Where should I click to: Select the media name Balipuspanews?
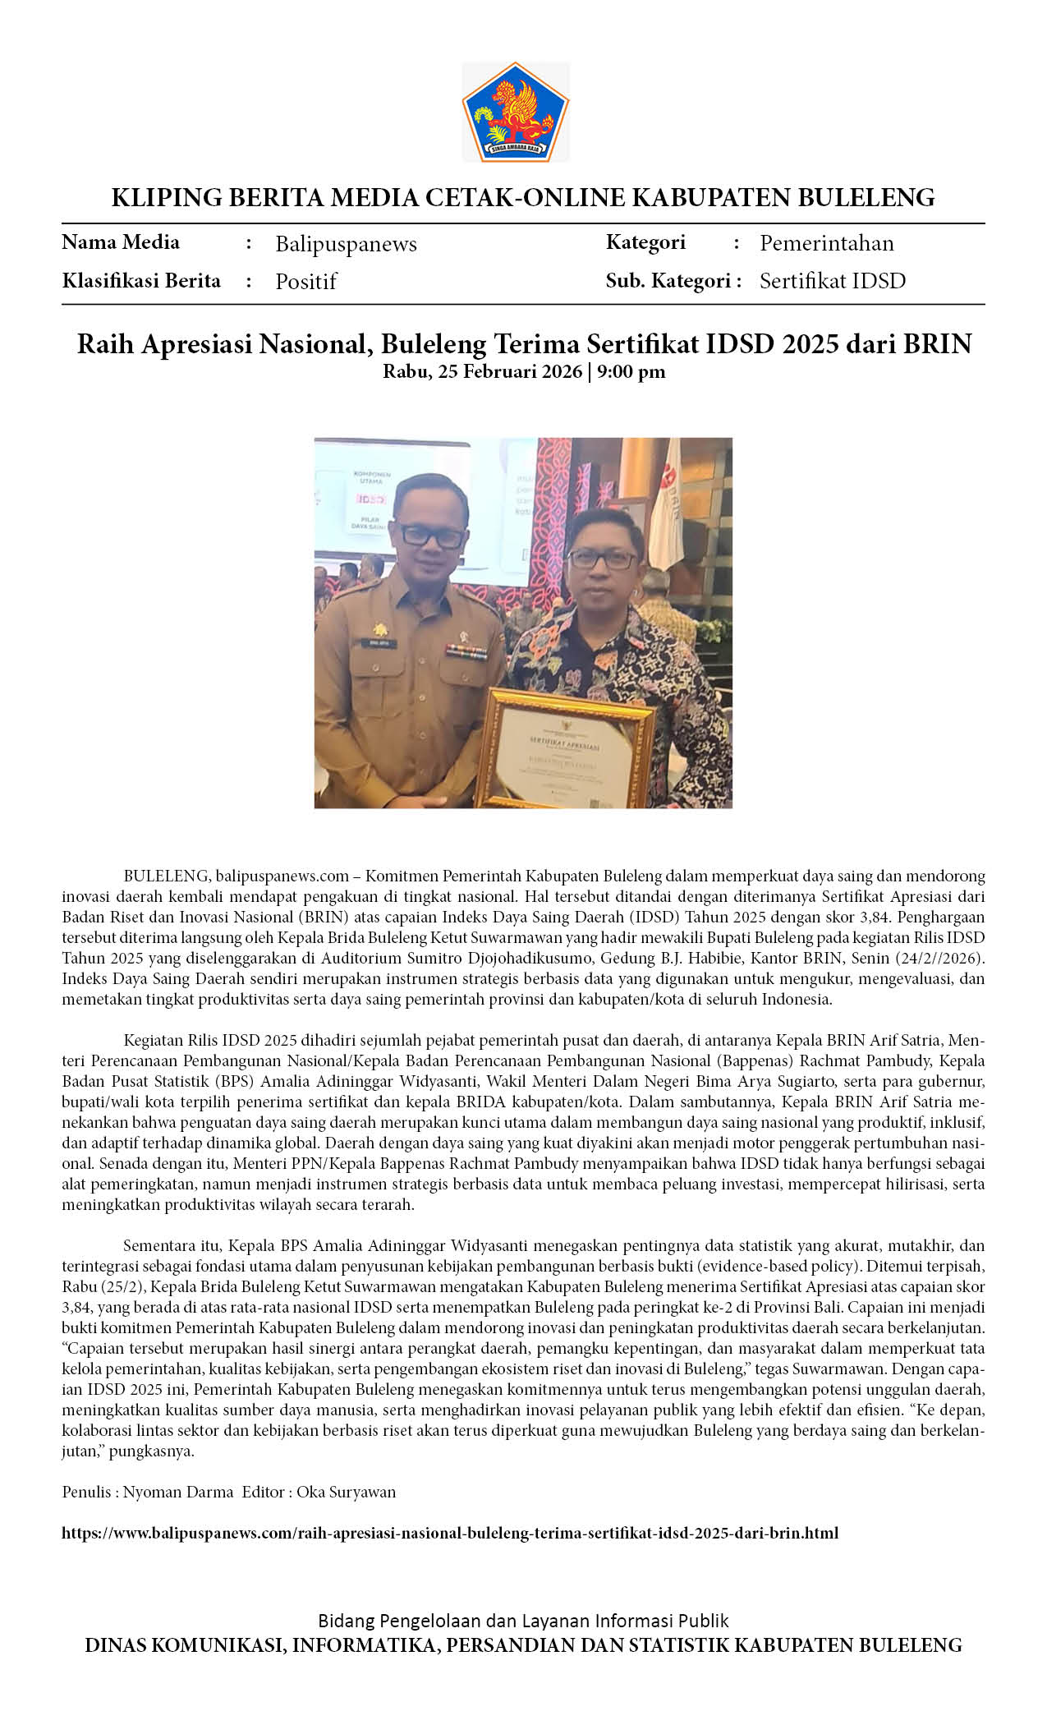click(346, 244)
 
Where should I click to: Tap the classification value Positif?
click(305, 282)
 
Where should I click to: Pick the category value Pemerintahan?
click(826, 243)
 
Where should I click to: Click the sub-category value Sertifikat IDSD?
click(832, 281)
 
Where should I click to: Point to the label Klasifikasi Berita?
click(141, 281)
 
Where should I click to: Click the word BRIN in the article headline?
click(937, 343)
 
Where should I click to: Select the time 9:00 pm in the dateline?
click(631, 371)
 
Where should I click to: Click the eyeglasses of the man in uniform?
click(432, 536)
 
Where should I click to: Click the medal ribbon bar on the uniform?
click(466, 651)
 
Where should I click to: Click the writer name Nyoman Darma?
click(177, 1492)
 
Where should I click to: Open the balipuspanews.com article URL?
click(450, 1533)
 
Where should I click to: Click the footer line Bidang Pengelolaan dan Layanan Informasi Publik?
click(523, 1621)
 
